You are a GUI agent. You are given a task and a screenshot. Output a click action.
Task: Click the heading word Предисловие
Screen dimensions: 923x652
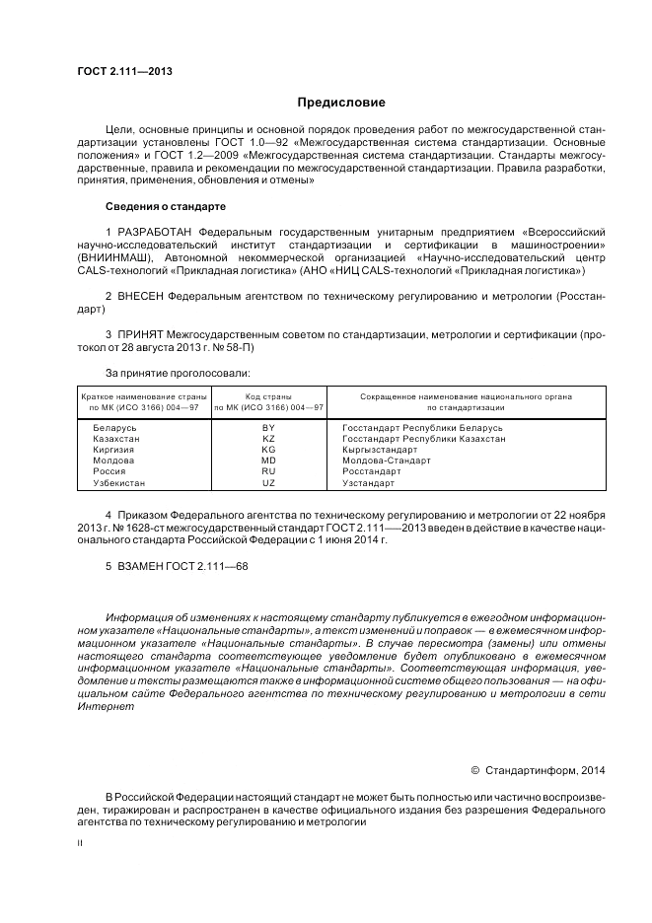click(341, 103)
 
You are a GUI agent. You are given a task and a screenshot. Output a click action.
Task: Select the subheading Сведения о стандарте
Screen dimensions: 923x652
click(165, 207)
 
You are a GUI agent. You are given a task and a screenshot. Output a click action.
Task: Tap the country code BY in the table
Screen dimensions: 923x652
click(268, 428)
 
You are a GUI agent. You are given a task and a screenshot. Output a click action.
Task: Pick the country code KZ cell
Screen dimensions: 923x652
click(268, 439)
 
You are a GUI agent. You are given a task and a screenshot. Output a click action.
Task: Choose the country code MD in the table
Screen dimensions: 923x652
click(268, 461)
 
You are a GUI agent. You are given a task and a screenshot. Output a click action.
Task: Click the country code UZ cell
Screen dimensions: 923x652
click(268, 483)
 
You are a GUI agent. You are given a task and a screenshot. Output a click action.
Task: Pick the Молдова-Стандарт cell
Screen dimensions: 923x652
click(387, 461)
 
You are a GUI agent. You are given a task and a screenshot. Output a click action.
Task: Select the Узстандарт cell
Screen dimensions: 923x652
click(368, 483)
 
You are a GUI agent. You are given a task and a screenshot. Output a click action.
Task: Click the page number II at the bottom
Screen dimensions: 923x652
click(80, 843)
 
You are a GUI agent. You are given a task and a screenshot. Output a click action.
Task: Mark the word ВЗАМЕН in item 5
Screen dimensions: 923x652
click(141, 567)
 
